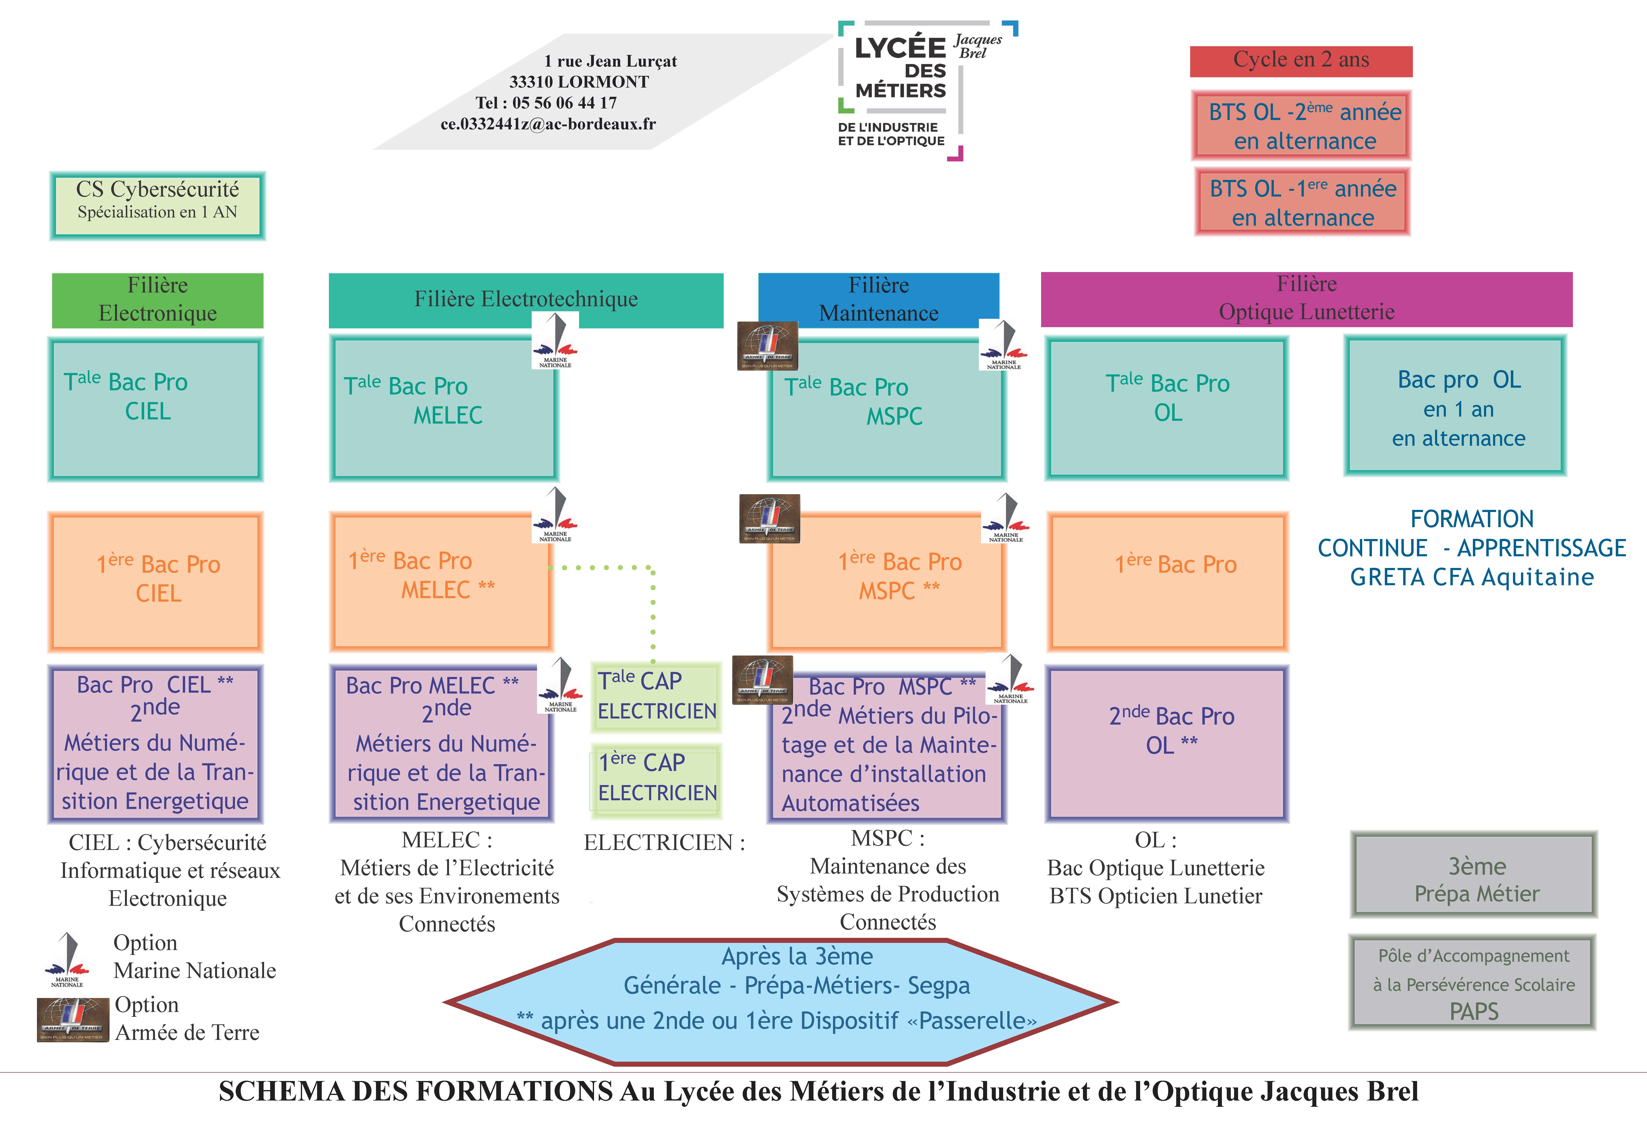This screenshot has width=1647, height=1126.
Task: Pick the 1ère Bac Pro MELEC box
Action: coord(441,581)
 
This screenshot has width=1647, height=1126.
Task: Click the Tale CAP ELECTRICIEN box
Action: coord(656,696)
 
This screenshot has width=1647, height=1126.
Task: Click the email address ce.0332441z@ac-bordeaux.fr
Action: coord(548,124)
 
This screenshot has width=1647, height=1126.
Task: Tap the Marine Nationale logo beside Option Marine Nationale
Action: coord(67,959)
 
